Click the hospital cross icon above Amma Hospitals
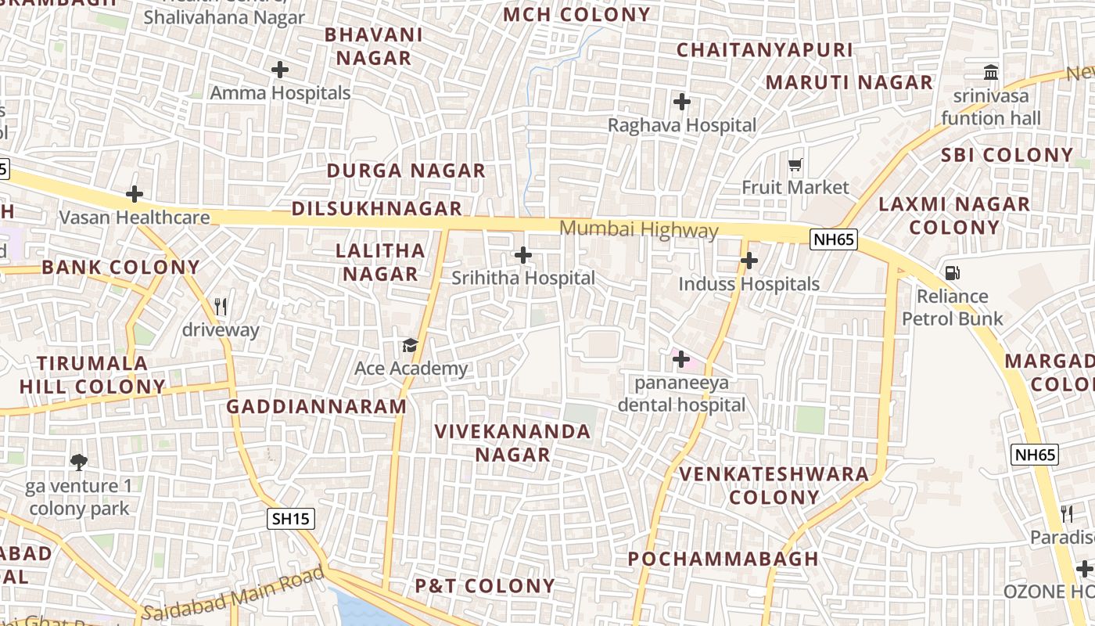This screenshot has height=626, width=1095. tap(279, 70)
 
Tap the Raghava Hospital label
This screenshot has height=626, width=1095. tap(682, 125)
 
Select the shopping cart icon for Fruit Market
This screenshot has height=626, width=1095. tap(795, 164)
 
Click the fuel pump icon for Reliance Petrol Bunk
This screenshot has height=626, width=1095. tap(952, 273)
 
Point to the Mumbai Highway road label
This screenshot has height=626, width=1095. tap(639, 229)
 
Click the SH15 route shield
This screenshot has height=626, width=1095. tap(290, 518)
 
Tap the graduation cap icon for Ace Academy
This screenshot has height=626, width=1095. tap(410, 345)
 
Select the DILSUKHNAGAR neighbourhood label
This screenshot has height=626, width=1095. tap(377, 209)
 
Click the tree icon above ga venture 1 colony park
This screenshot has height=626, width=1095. tap(78, 462)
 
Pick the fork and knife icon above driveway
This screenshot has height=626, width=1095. tap(221, 306)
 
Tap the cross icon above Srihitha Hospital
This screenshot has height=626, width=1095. tap(522, 255)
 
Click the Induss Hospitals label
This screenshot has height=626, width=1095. tap(749, 284)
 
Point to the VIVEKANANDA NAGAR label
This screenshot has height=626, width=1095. tap(512, 443)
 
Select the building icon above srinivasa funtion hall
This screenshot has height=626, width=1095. tap(991, 73)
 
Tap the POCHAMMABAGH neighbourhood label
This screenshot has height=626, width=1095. tap(723, 559)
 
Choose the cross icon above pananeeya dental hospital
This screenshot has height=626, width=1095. tap(680, 359)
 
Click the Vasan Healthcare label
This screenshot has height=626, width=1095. tap(135, 218)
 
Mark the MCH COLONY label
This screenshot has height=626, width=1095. tap(576, 14)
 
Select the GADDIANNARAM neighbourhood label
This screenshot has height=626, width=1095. tap(316, 407)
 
